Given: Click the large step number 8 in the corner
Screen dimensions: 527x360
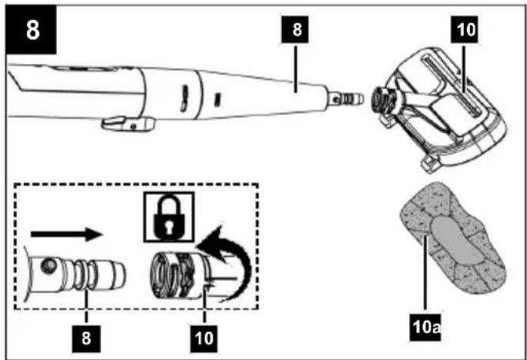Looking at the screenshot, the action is pyautogui.click(x=32, y=29).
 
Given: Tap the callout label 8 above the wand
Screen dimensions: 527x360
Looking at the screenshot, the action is pyautogui.click(x=295, y=29).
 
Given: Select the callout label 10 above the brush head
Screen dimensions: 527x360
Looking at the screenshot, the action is pyautogui.click(x=464, y=29).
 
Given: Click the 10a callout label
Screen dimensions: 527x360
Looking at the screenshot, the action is pyautogui.click(x=425, y=326).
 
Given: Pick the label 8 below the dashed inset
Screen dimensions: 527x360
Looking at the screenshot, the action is pyautogui.click(x=86, y=338).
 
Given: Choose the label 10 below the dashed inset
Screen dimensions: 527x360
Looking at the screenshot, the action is pyautogui.click(x=203, y=338).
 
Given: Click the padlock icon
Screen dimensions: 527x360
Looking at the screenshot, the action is pyautogui.click(x=169, y=217).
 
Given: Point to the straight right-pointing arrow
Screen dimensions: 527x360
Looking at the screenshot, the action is pyautogui.click(x=66, y=234).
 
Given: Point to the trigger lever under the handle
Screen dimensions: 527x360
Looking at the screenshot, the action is pyautogui.click(x=128, y=123).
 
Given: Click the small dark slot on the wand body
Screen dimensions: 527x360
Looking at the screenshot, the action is pyautogui.click(x=218, y=100).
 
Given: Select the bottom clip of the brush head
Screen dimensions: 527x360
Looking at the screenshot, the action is pyautogui.click(x=431, y=163).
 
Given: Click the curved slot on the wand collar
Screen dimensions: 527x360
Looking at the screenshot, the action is pyautogui.click(x=184, y=98).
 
